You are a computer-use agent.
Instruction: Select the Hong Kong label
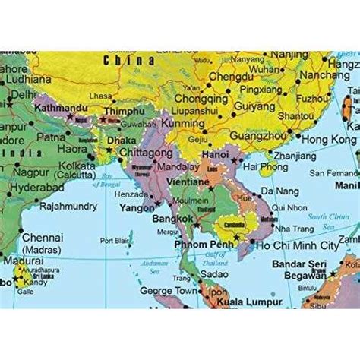point(329,141)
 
